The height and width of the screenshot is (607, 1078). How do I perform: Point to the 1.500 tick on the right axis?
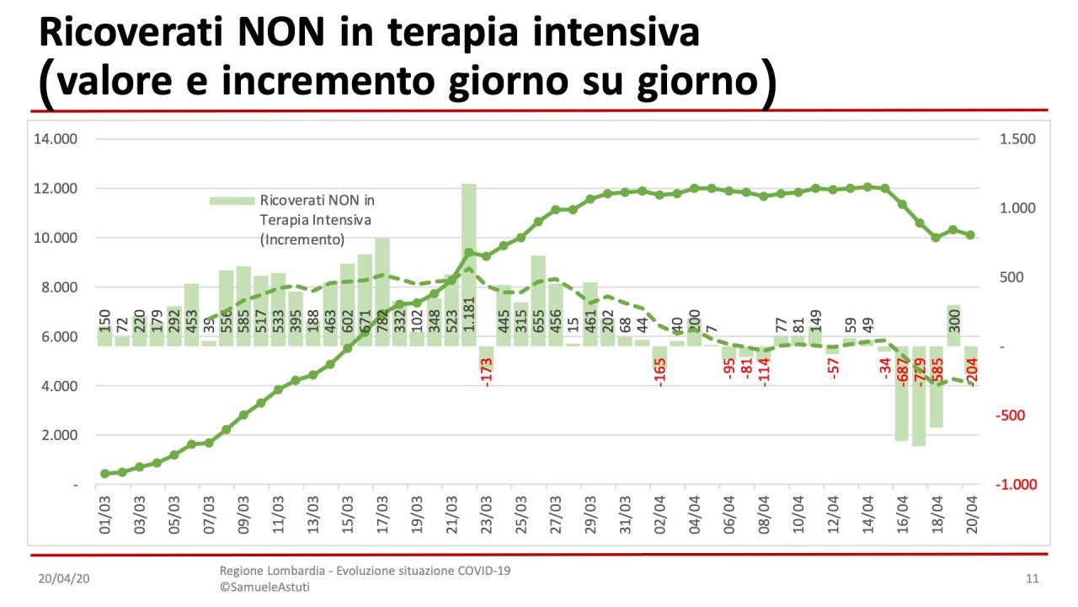point(1017,139)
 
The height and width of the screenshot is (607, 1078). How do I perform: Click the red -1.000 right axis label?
point(1016,485)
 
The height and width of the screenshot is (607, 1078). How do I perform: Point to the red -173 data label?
point(486,371)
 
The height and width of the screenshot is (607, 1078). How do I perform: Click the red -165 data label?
point(659,371)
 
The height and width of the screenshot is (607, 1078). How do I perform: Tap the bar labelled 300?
point(953,325)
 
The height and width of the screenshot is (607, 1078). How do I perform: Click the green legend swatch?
point(232,201)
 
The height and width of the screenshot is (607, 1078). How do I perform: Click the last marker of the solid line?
point(970,235)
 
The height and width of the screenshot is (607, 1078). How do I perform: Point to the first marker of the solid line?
point(105,474)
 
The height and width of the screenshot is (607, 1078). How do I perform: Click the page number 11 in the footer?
point(1033,579)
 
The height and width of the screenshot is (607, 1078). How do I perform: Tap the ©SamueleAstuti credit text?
point(264,587)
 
